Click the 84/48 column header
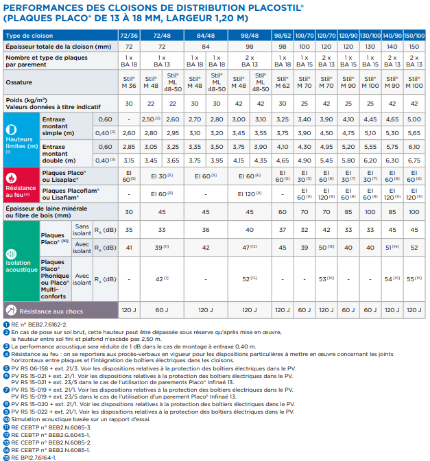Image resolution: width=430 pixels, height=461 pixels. (206, 36)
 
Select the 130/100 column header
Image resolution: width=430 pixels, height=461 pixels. (370, 36)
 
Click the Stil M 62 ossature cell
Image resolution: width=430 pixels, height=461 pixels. (283, 82)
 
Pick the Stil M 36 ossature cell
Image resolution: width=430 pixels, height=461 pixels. (129, 82)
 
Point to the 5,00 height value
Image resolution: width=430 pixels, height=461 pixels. (414, 119)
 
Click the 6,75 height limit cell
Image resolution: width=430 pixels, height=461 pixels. (414, 161)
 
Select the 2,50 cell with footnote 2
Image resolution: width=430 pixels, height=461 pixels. (151, 119)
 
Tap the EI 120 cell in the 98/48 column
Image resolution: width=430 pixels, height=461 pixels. (250, 194)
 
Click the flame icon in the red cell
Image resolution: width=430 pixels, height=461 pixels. (12, 178)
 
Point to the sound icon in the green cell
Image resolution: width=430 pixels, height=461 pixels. (11, 254)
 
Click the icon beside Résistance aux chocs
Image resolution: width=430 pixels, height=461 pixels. (11, 310)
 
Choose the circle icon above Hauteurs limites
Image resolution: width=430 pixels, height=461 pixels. (11, 130)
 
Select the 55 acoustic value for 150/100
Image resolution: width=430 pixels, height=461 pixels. (414, 279)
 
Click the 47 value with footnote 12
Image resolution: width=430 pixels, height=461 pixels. (250, 248)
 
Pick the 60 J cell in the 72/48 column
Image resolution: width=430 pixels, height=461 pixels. (162, 310)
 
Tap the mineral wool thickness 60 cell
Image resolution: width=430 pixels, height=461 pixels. (283, 212)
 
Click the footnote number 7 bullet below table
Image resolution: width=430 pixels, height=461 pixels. (6, 390)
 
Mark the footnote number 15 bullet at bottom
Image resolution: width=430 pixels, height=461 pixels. (6, 458)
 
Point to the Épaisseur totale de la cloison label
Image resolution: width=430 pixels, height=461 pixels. (58, 47)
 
